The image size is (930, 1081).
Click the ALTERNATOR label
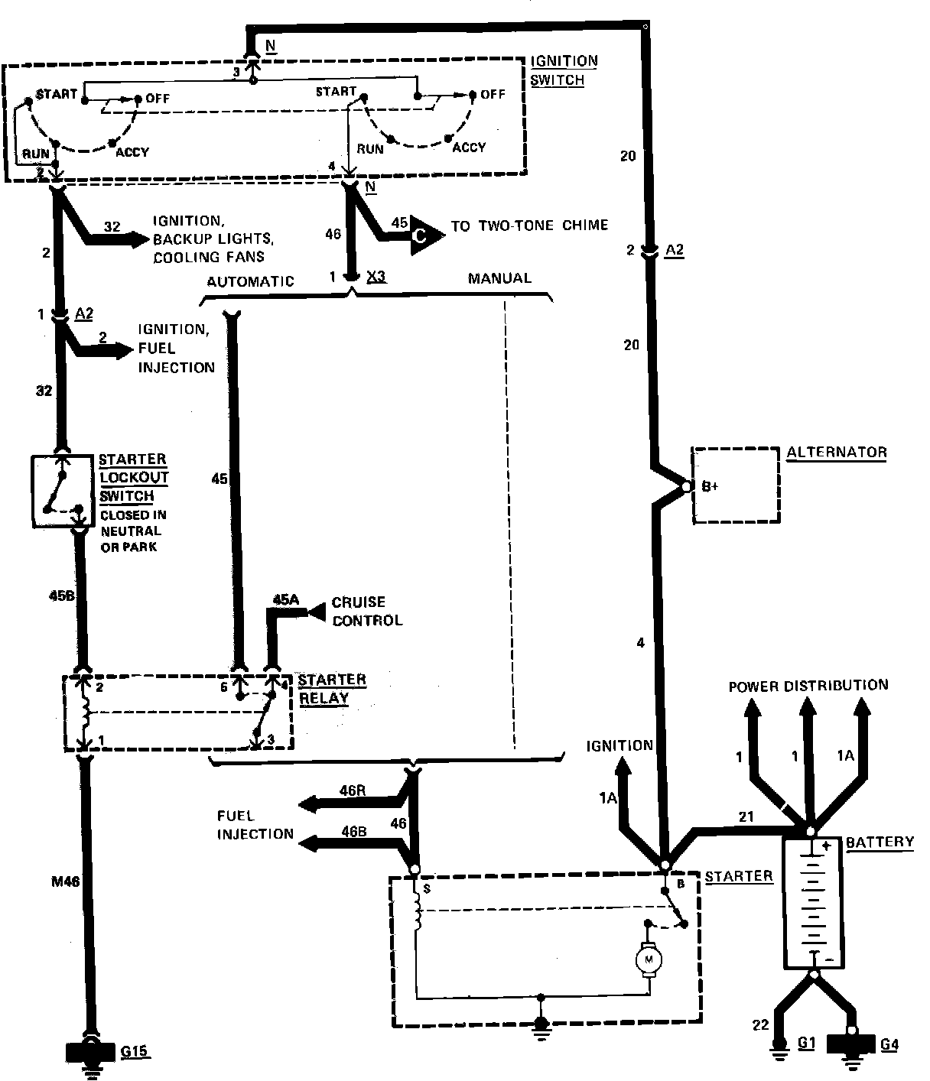(x=837, y=452)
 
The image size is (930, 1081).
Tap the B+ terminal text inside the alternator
(x=710, y=486)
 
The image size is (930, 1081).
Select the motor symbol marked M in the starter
(x=649, y=959)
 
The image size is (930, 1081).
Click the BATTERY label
(x=880, y=842)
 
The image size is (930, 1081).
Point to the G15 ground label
(x=134, y=1051)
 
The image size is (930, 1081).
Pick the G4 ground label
(x=889, y=1044)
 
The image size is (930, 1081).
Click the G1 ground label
(x=807, y=1043)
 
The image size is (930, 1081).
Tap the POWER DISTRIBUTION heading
(x=808, y=686)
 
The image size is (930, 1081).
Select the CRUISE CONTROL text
(x=367, y=612)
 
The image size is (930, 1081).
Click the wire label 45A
(x=285, y=600)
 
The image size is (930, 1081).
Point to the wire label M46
(x=65, y=881)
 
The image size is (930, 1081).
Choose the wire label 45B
(x=62, y=596)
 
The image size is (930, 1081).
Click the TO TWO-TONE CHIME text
(x=529, y=226)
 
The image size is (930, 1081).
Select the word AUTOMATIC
(x=251, y=281)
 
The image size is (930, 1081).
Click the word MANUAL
(x=499, y=278)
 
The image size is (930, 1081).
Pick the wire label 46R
(x=353, y=790)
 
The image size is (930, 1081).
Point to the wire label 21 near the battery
(x=746, y=816)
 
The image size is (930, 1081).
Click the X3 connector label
(x=376, y=276)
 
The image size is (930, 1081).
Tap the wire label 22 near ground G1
(x=761, y=1025)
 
